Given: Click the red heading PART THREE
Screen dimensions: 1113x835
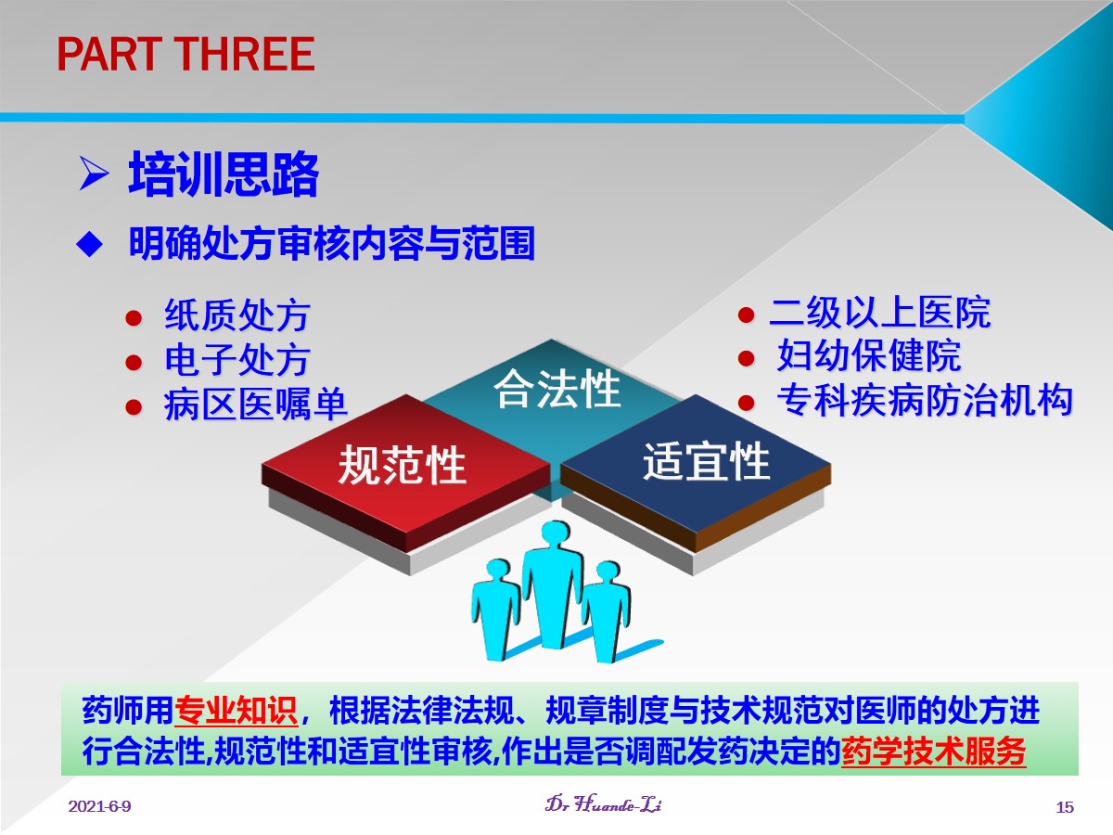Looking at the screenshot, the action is (185, 54).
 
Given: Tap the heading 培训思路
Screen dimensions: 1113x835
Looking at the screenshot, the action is (224, 173).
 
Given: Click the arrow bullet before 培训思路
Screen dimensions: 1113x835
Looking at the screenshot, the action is (94, 173).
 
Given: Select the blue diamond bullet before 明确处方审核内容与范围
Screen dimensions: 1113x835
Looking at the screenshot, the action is (89, 244).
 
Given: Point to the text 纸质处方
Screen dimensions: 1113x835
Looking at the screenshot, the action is (237, 315).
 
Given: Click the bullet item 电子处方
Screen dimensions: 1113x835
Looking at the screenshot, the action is (237, 360).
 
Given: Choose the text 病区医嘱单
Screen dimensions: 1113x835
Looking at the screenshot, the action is (256, 405).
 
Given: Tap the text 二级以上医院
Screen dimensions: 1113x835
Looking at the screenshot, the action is (880, 313).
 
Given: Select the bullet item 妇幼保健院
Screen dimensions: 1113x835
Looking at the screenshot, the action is (869, 356).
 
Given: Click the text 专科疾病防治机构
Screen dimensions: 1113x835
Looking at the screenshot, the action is (925, 400).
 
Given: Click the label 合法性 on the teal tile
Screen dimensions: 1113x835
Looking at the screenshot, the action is (556, 389).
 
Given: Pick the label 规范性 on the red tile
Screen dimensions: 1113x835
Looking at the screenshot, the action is (403, 465).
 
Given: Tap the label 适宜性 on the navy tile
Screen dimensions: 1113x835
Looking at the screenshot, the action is (707, 461).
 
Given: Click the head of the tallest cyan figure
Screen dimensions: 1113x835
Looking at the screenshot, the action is (556, 536).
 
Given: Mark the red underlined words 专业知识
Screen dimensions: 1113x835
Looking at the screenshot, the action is (237, 711).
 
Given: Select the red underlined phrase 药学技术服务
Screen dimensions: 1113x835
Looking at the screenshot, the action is (934, 751).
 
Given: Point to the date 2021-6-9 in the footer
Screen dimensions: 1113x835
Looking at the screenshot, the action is (100, 806).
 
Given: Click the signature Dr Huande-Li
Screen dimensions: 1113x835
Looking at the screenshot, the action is (604, 804).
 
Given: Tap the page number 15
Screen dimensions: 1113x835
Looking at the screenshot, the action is (1065, 806).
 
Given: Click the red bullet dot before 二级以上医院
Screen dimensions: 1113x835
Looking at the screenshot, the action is (746, 315).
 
